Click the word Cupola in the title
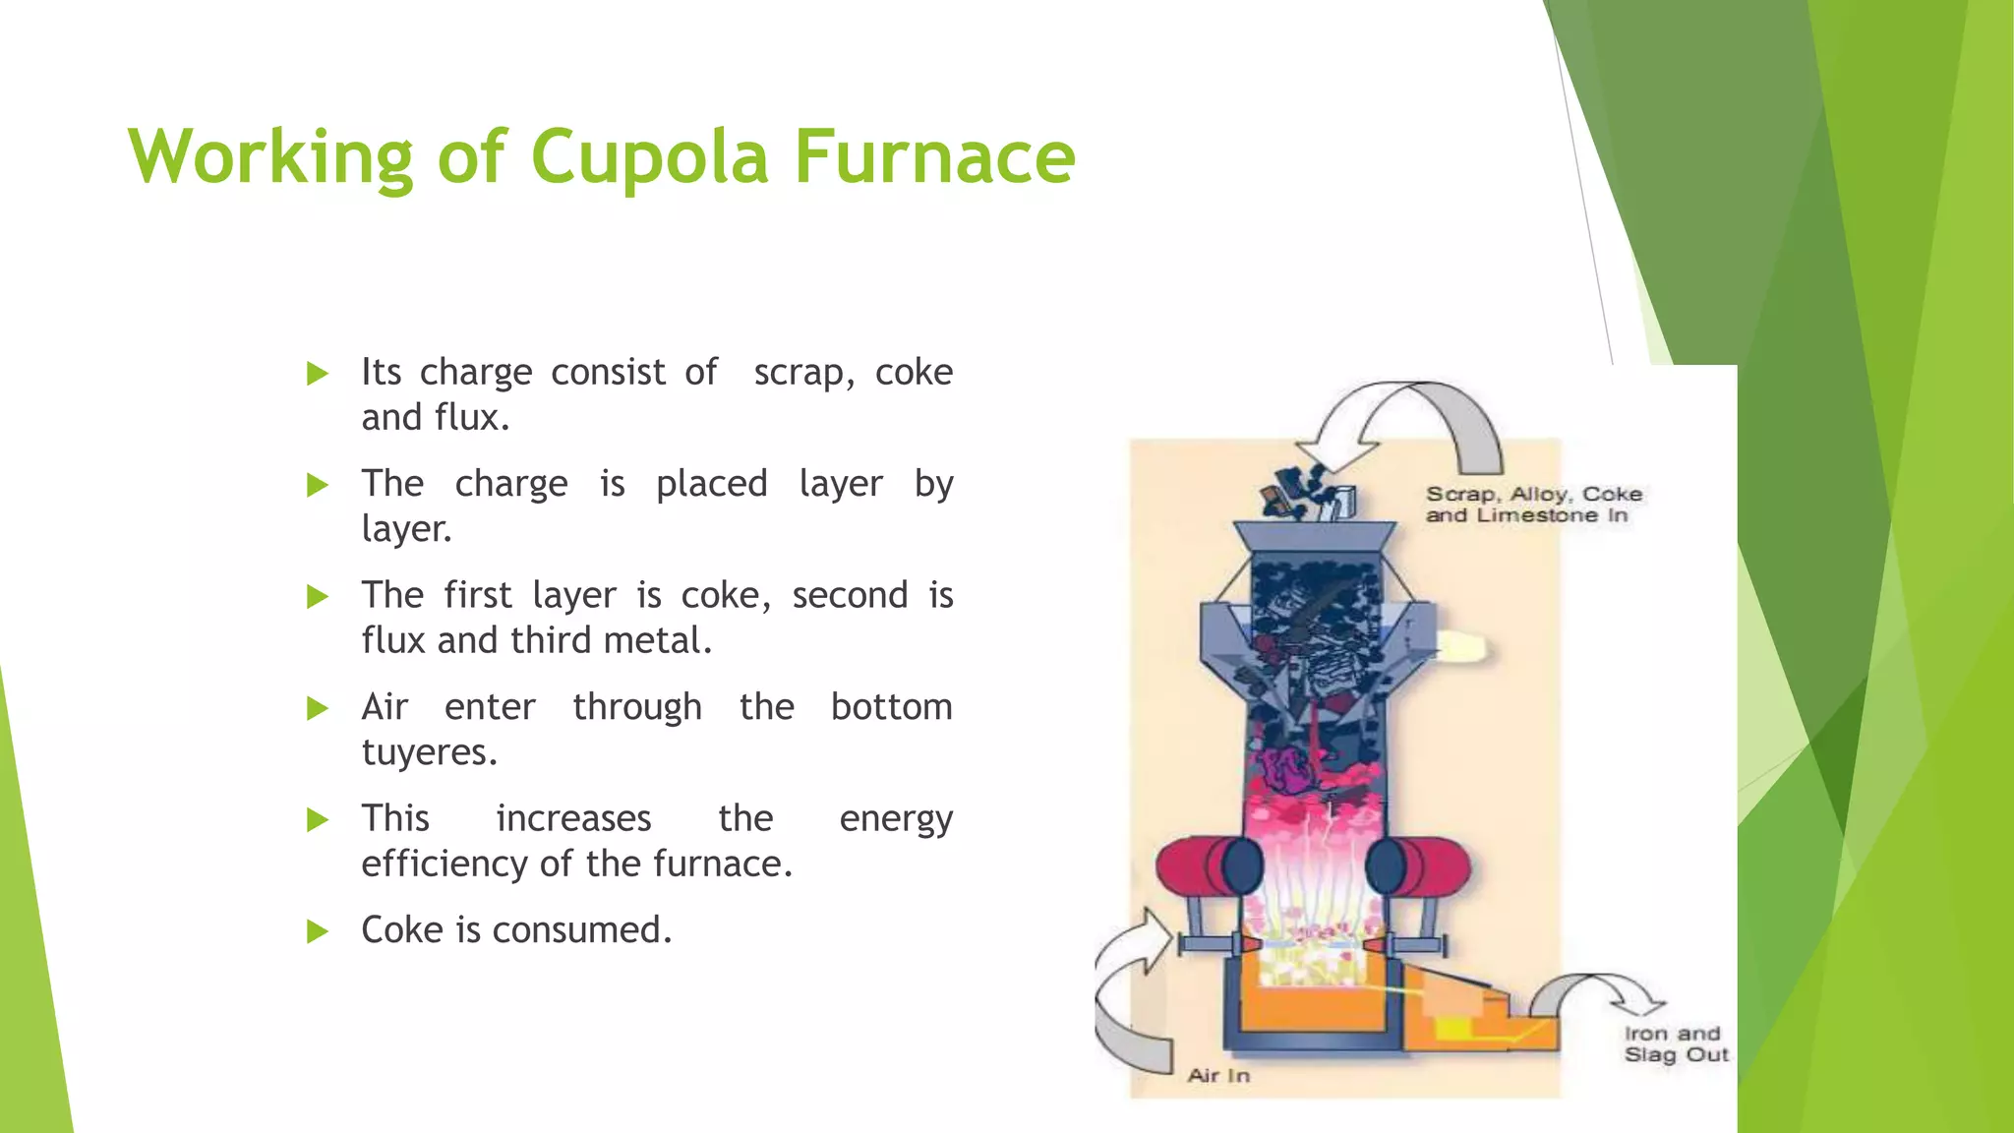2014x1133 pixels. tap(649, 157)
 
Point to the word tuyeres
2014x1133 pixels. tap(429, 752)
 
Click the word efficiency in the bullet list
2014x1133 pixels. tap(445, 864)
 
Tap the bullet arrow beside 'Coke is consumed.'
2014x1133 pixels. tap(317, 930)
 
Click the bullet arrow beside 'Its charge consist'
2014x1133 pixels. tap(317, 373)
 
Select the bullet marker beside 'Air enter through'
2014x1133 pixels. tap(317, 707)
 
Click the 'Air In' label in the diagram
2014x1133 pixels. tap(1218, 1075)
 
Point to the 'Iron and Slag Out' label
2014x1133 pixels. tap(1676, 1044)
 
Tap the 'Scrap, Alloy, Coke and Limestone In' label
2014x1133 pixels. tap(1533, 504)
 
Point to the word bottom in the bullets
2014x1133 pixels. tap(891, 707)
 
